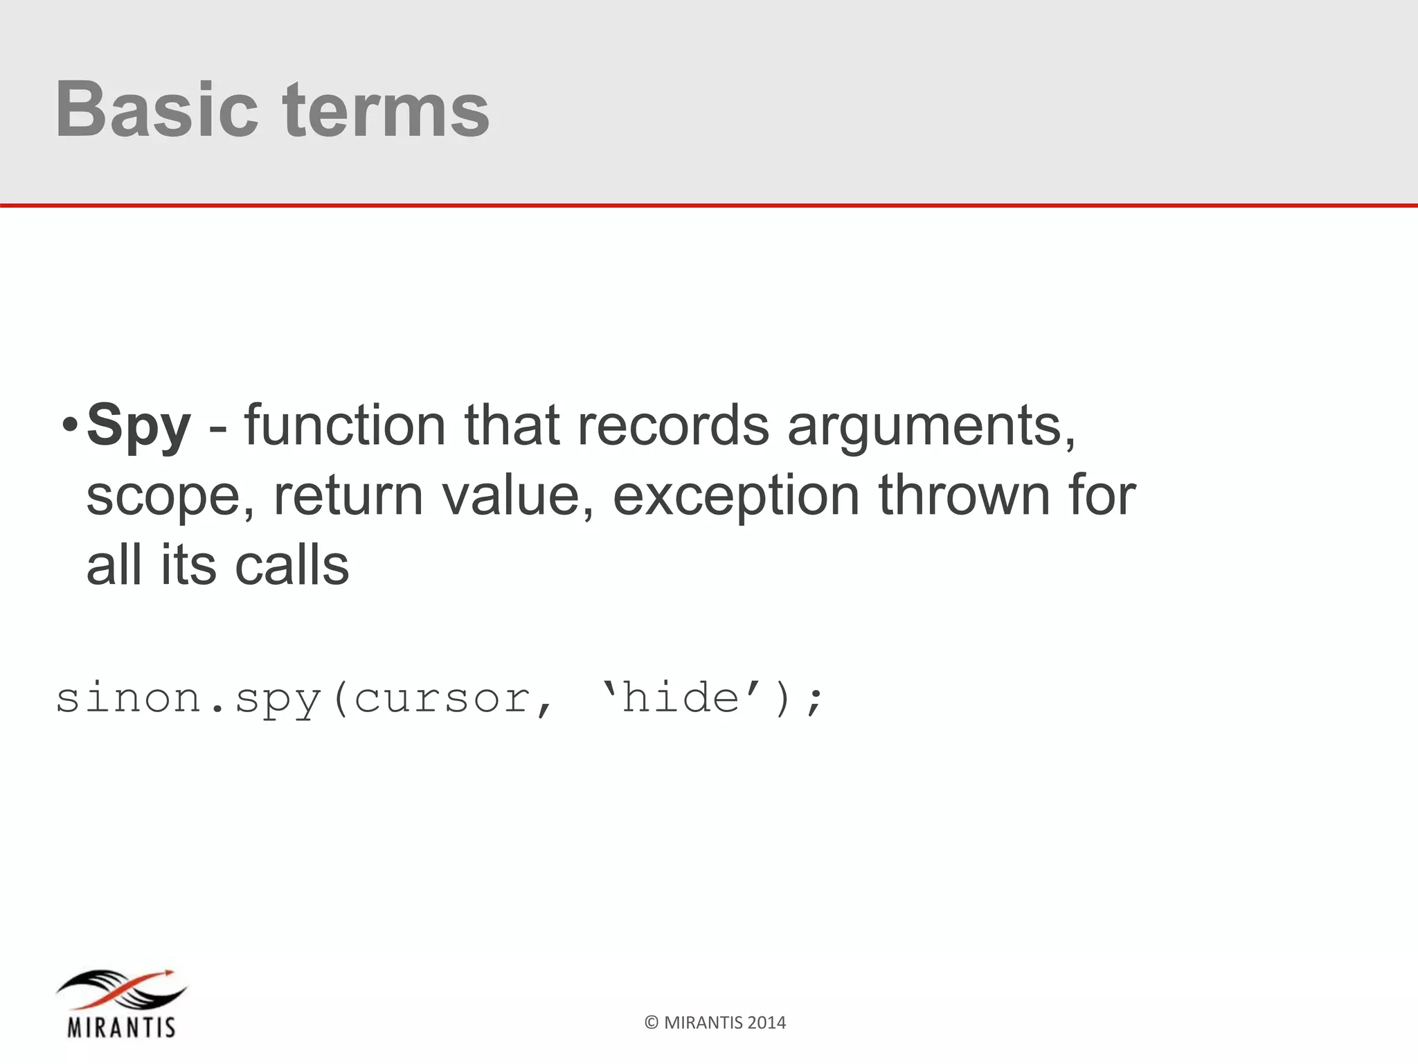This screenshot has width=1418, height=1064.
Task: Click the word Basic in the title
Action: pyautogui.click(x=156, y=109)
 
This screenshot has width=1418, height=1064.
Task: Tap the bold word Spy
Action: pyautogui.click(x=138, y=425)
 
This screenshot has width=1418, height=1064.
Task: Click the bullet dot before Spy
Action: pyautogui.click(x=69, y=425)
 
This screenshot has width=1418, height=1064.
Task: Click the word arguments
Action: pyautogui.click(x=932, y=425)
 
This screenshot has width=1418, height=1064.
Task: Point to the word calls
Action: pyautogui.click(x=291, y=565)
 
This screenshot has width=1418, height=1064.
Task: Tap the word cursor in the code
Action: pyautogui.click(x=443, y=698)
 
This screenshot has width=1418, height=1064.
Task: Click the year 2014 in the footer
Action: pyautogui.click(x=766, y=1022)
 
